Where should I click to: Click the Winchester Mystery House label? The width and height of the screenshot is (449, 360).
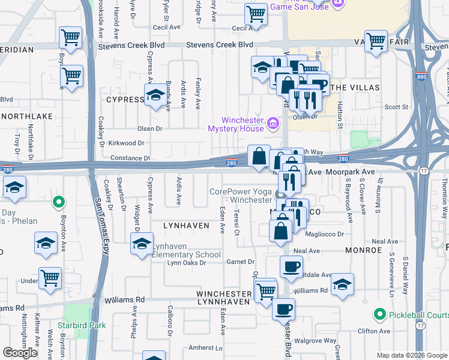235,124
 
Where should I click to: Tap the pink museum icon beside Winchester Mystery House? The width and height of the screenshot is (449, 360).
273,124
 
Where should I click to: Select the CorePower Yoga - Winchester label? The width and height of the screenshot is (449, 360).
240,196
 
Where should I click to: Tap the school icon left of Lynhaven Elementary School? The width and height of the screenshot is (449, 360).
142,244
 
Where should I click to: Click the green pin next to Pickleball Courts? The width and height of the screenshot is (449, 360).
379,314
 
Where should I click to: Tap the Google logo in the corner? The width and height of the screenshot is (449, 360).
20,353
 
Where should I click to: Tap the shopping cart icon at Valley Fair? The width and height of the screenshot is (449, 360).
376,41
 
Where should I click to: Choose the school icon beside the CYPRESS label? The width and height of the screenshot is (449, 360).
155,95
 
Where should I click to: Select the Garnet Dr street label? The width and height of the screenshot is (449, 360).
241,262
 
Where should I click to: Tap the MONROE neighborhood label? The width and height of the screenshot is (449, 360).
363,249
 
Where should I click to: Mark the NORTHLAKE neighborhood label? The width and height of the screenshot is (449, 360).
26,115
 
